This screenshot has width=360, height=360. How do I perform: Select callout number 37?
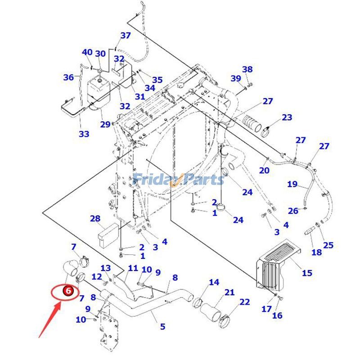[x=125, y=36]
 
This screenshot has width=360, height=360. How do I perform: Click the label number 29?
[x=105, y=124]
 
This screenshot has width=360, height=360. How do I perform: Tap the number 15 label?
[x=307, y=273]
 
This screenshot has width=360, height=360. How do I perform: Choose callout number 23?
[x=287, y=118]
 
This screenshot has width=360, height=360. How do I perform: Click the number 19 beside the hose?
[x=292, y=184]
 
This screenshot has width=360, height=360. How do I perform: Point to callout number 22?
[x=244, y=302]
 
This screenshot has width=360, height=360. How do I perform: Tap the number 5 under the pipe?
[x=162, y=327]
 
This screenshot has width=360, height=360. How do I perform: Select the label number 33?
[x=84, y=134]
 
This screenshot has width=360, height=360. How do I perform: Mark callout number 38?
[x=247, y=69]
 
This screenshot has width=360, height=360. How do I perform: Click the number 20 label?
[x=264, y=171]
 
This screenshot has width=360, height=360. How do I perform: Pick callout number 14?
[x=214, y=282]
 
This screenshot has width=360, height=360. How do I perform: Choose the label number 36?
[x=68, y=77]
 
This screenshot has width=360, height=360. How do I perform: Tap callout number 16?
[x=277, y=315]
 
